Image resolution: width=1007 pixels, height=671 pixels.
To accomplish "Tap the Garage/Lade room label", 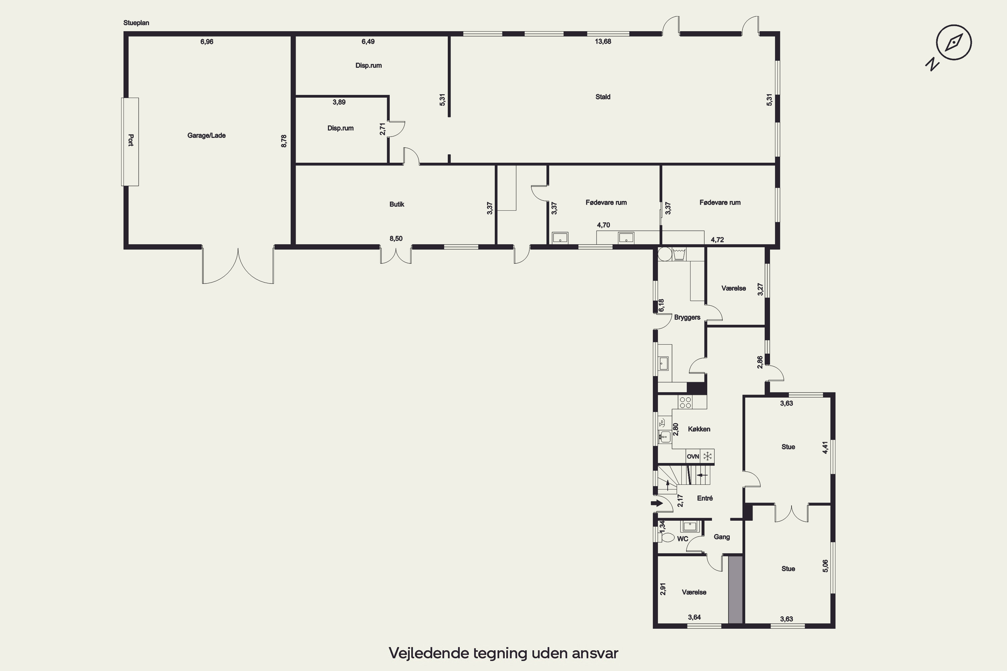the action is pyautogui.click(x=206, y=136).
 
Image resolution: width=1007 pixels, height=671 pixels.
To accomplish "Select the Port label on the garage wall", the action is pyautogui.click(x=131, y=140).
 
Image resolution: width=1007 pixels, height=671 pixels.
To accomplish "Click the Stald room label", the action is pyautogui.click(x=603, y=97).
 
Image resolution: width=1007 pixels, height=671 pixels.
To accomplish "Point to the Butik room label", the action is pyautogui.click(x=397, y=204).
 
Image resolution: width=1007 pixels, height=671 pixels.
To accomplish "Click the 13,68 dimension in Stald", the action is pyautogui.click(x=603, y=42).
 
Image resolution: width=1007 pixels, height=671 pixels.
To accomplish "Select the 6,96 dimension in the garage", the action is pyautogui.click(x=207, y=42).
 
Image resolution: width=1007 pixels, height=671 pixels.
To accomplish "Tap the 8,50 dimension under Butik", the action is pyautogui.click(x=396, y=238).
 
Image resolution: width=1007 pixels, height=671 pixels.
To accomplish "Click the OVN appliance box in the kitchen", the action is pyautogui.click(x=693, y=457).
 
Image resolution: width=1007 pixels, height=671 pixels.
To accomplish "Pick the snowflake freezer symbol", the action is pyautogui.click(x=708, y=456).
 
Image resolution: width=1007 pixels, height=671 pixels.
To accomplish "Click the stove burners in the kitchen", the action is pyautogui.click(x=685, y=402).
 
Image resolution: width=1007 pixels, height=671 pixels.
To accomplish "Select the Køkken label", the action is pyautogui.click(x=699, y=429).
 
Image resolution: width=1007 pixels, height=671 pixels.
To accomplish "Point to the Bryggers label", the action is pyautogui.click(x=687, y=317).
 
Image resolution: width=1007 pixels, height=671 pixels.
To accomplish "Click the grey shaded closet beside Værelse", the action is pyautogui.click(x=735, y=590).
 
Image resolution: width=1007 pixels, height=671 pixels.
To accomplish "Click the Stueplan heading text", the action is pyautogui.click(x=136, y=23).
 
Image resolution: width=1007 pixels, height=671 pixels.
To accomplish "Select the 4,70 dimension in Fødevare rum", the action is pyautogui.click(x=604, y=225).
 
